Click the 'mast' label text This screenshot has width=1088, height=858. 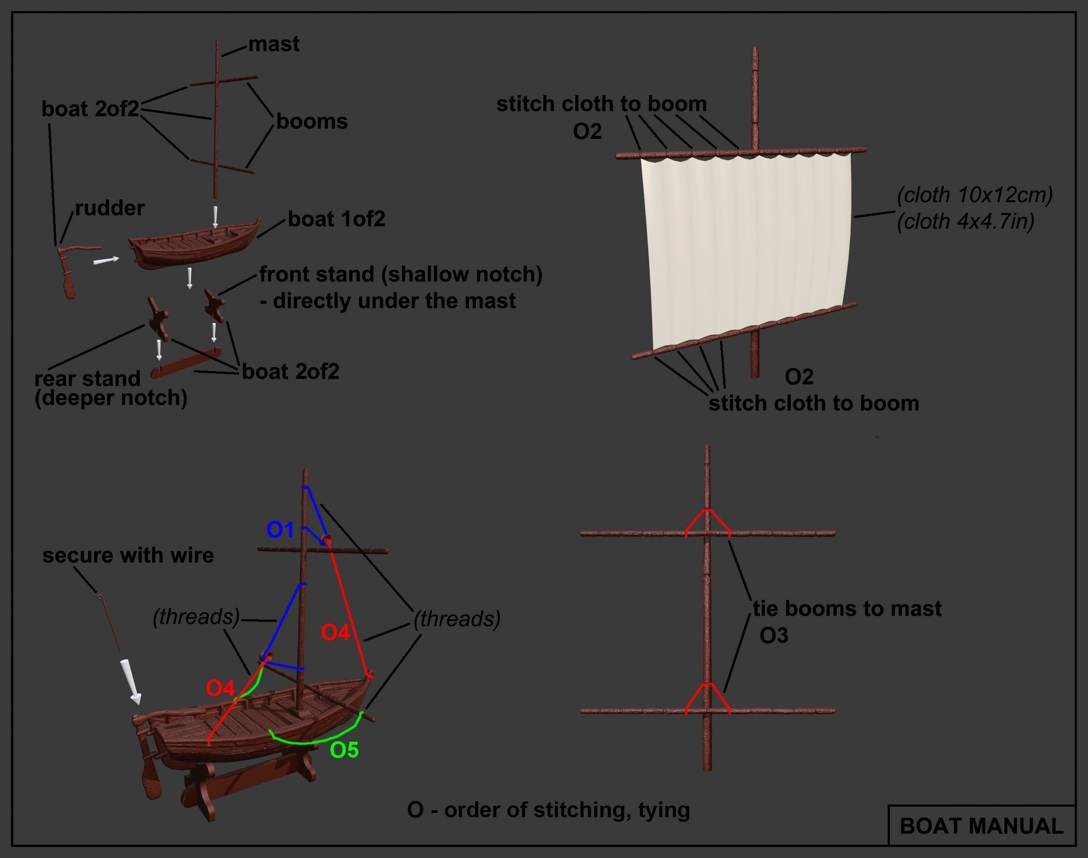pos(274,44)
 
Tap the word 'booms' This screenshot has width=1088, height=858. pos(311,122)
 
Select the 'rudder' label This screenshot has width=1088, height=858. pos(110,208)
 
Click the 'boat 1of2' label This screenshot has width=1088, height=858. pos(336,219)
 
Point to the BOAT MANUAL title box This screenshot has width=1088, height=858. pos(981,826)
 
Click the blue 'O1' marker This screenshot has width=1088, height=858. pos(280,529)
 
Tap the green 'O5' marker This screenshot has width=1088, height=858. pos(344,750)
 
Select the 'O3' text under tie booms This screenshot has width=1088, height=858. pos(774,636)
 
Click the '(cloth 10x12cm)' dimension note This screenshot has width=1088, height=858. pos(974,195)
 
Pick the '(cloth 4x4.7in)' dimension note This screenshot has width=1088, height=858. pos(965,222)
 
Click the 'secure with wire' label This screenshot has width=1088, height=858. pos(128,555)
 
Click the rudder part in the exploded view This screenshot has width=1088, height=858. pos(70,271)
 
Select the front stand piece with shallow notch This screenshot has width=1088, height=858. pos(215,304)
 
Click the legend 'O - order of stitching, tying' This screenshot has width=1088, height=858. pos(548,810)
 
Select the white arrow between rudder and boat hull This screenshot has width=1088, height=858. pos(106,260)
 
